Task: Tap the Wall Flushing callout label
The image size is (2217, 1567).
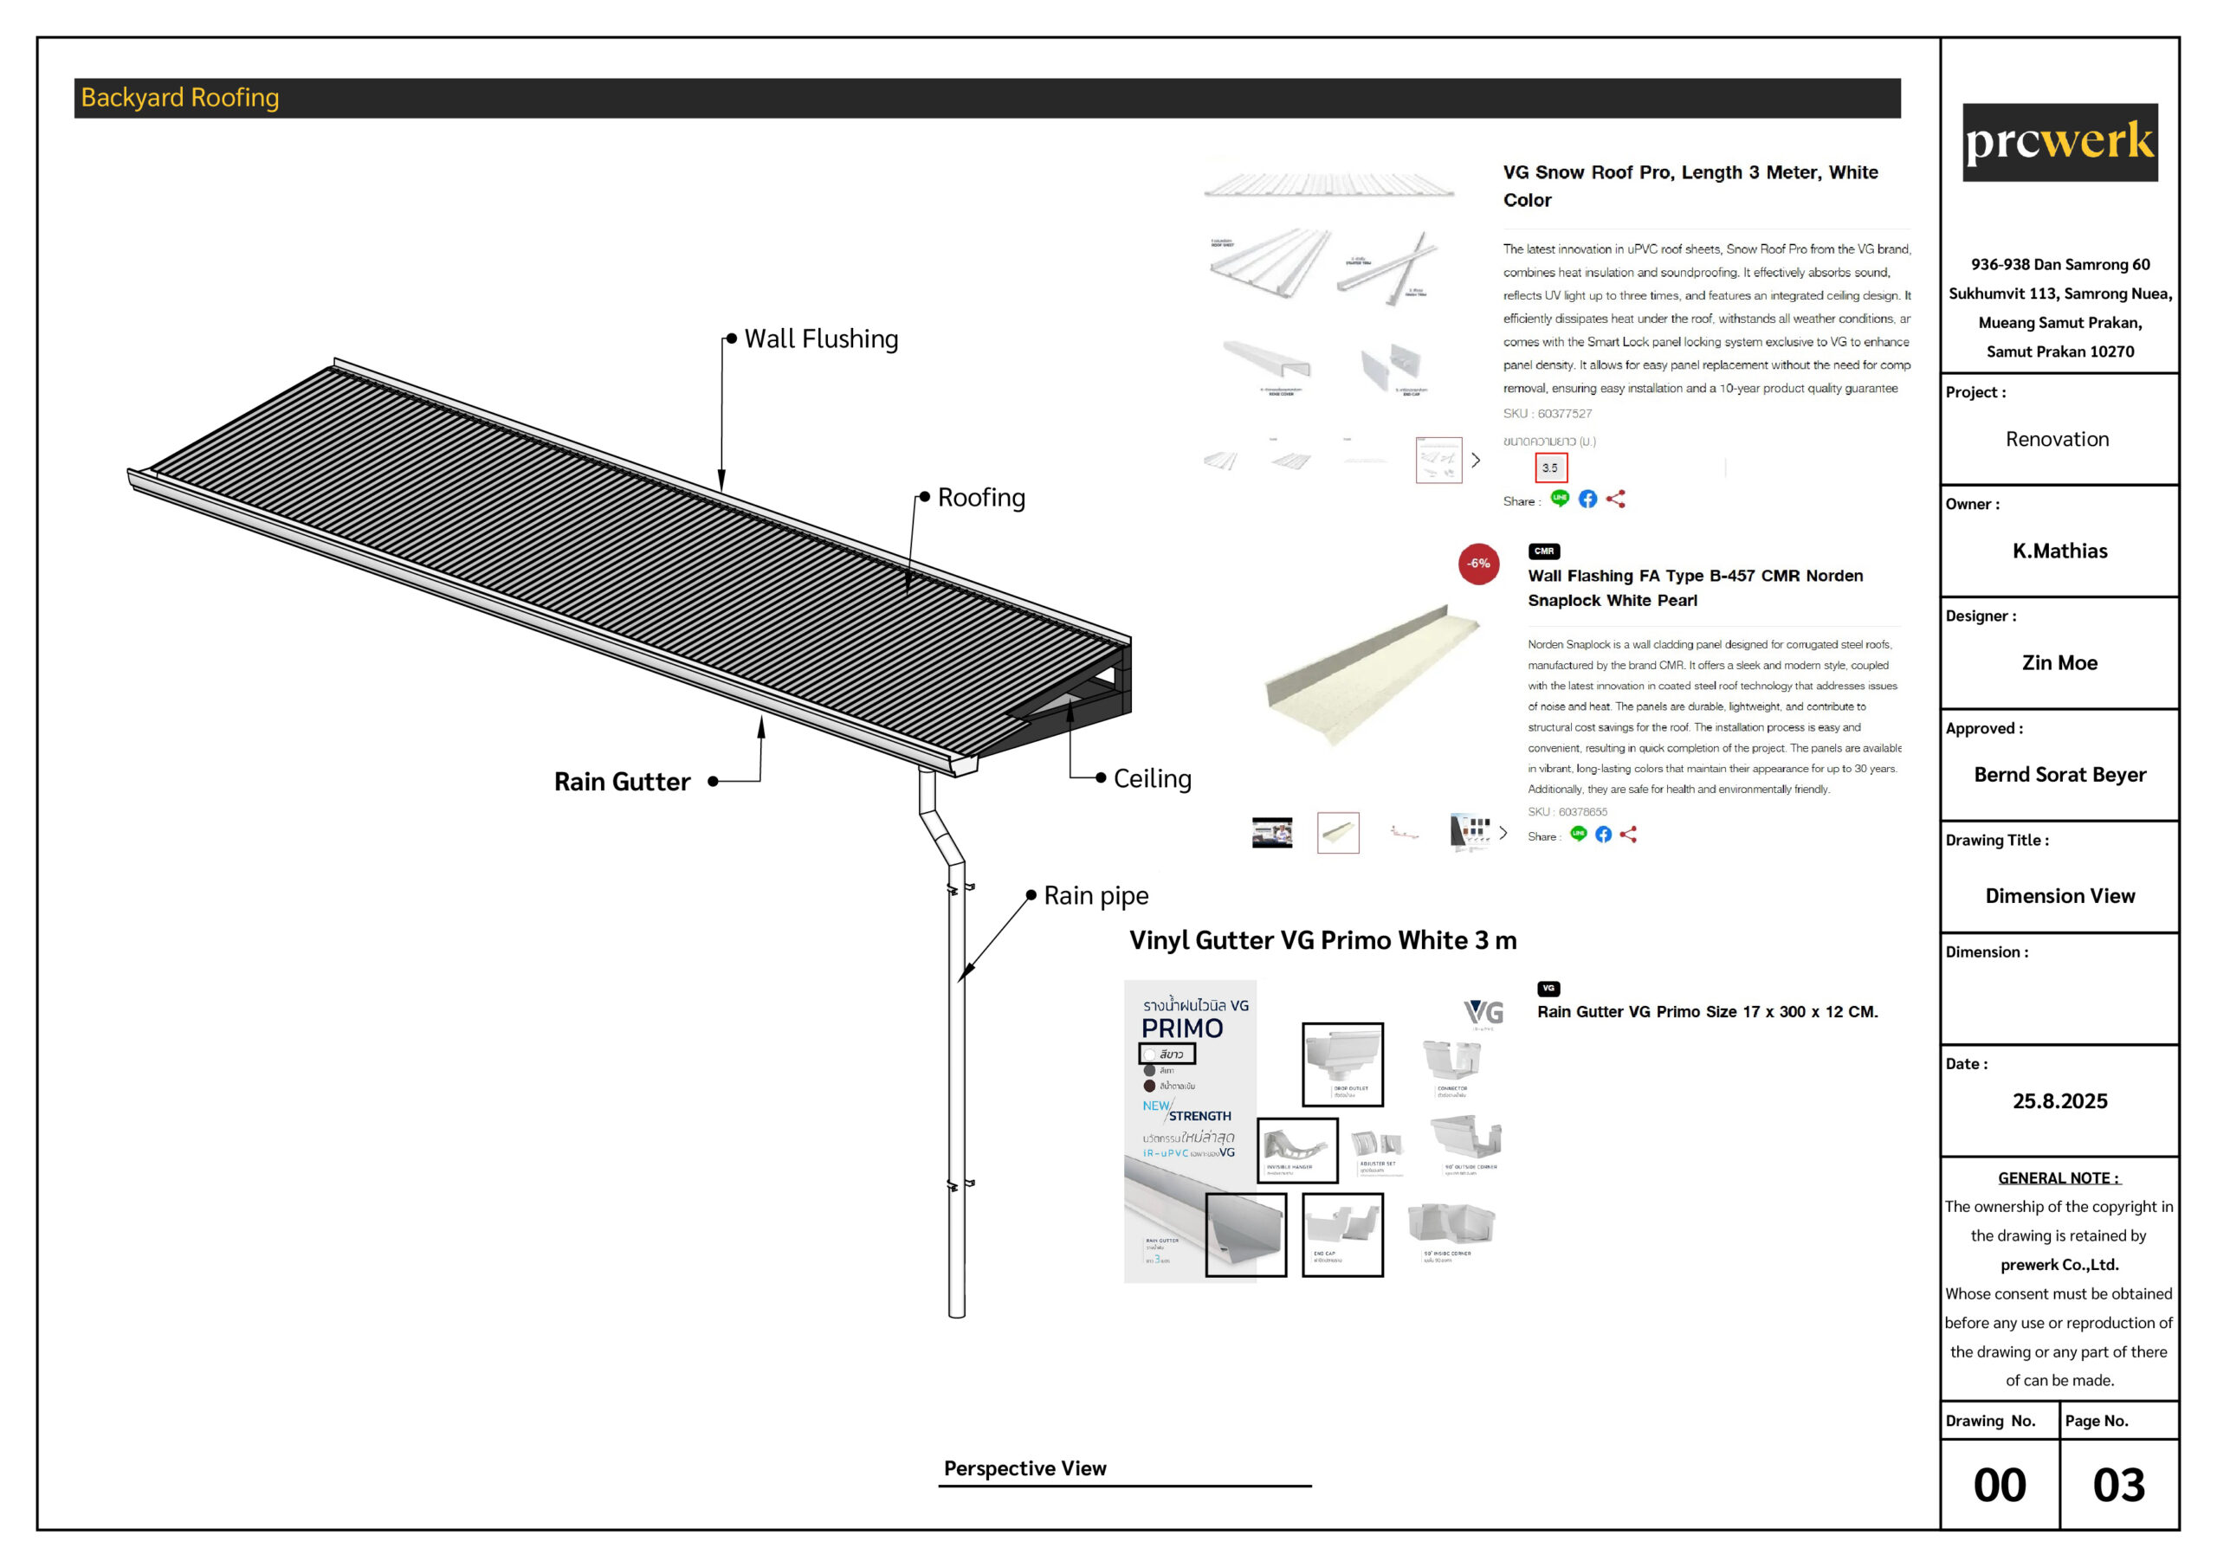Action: click(821, 339)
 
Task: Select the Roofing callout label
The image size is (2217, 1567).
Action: click(981, 497)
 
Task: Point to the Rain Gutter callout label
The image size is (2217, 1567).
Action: click(622, 781)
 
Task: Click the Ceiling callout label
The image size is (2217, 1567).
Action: click(1152, 778)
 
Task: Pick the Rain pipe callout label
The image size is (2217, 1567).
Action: click(1096, 895)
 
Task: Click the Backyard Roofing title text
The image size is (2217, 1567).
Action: click(179, 98)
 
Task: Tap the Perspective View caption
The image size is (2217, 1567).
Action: click(1024, 1467)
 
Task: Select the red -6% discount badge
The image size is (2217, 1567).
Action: click(1478, 564)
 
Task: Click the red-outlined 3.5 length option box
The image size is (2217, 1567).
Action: click(1550, 468)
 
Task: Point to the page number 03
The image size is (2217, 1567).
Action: click(2118, 1485)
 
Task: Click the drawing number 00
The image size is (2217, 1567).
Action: click(1999, 1485)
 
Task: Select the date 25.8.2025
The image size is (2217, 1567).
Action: click(2059, 1100)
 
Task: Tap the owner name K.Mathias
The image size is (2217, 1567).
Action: click(2059, 551)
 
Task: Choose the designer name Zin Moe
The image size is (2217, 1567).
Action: click(2059, 662)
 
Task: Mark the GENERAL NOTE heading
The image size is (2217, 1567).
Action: click(2058, 1178)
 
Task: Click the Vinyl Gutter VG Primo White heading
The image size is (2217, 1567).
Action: click(1323, 940)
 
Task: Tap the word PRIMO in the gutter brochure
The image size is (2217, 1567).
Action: click(1182, 1029)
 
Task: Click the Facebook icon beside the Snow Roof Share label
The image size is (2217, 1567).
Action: click(1587, 500)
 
